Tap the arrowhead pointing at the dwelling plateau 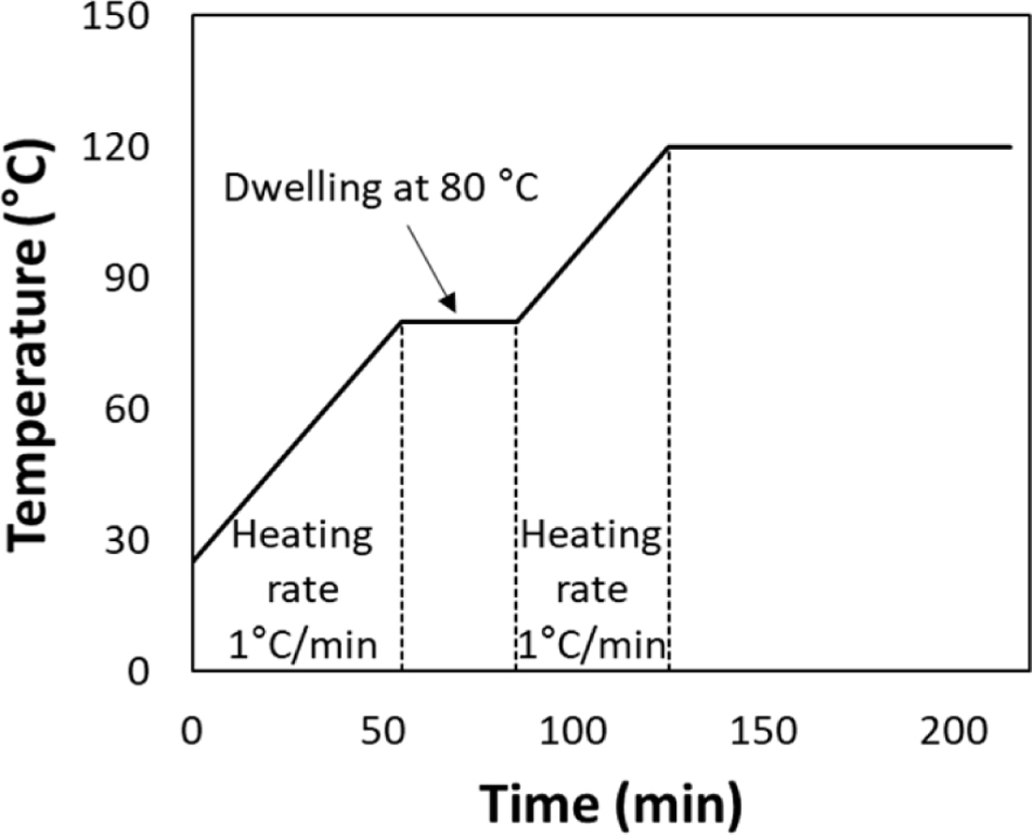coord(449,303)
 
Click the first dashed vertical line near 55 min coord(402,496)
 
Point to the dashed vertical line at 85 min coord(516,496)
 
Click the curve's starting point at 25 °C coord(193,563)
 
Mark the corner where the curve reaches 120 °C coord(669,147)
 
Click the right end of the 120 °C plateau coord(1010,147)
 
